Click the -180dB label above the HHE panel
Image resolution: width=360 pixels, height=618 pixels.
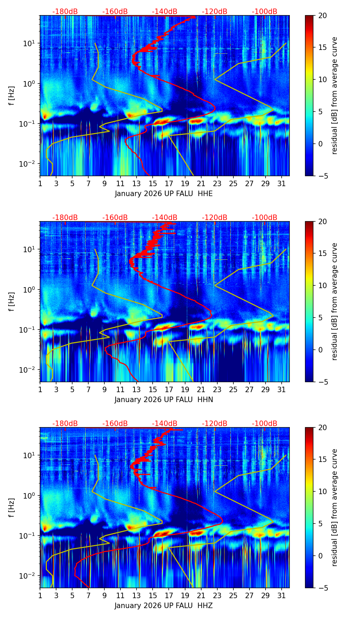click(x=65, y=12)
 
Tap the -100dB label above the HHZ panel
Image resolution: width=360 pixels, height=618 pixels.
click(x=265, y=424)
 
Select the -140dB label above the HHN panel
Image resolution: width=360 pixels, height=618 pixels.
click(x=165, y=218)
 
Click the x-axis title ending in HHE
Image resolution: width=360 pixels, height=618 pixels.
click(x=164, y=194)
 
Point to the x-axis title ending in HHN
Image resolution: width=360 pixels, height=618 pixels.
click(x=164, y=400)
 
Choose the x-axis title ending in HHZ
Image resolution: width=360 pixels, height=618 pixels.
click(x=164, y=606)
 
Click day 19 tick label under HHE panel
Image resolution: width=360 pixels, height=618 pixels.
click(x=185, y=184)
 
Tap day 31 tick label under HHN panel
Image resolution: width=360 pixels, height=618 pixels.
click(x=282, y=390)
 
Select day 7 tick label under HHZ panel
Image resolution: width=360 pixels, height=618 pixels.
click(x=88, y=596)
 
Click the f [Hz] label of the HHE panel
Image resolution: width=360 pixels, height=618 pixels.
click(x=12, y=95)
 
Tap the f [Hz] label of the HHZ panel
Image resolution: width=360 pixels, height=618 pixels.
click(x=12, y=507)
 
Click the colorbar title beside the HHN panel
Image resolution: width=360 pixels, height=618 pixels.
click(x=334, y=301)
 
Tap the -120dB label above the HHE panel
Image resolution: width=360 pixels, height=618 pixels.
click(x=215, y=12)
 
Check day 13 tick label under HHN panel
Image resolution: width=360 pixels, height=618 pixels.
click(x=137, y=390)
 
